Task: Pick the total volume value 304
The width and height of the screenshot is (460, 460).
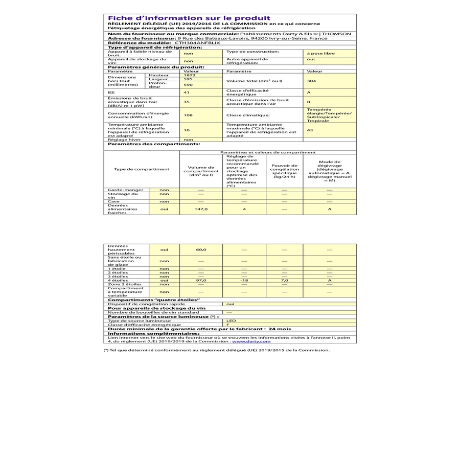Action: tap(311, 81)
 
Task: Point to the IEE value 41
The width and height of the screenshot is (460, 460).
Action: tap(187, 93)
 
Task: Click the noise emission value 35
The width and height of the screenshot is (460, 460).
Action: tap(188, 102)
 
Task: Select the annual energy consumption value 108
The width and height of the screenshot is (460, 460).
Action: tap(188, 115)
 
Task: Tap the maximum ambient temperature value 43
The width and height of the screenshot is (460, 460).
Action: tap(310, 130)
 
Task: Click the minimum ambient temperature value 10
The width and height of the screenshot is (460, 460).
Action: tap(187, 130)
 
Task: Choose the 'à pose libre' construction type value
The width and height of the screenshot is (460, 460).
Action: tap(320, 53)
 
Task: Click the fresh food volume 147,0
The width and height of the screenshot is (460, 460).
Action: tap(201, 209)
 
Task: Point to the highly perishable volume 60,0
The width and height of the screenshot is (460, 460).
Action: tap(201, 249)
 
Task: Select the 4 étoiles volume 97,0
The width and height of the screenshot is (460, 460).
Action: tap(201, 280)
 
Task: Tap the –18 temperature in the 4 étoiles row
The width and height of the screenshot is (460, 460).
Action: tap(244, 280)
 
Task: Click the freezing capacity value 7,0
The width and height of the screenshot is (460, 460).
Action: tap(284, 280)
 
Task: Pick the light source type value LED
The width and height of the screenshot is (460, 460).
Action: tap(231, 320)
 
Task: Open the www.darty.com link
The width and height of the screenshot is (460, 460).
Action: tap(251, 341)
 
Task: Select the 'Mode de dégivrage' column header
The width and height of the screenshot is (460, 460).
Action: tap(329, 171)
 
